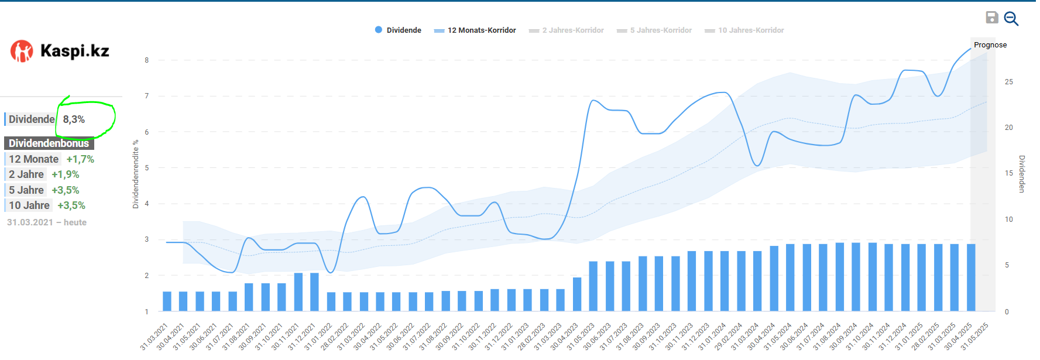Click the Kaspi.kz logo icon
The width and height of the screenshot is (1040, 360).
point(22,52)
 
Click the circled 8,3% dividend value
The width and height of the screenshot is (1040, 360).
point(74,119)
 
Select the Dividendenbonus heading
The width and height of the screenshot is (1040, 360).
point(49,143)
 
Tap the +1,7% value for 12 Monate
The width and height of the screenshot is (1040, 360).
point(80,159)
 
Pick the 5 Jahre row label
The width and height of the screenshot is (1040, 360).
point(26,190)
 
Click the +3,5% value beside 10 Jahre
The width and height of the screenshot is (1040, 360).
point(71,205)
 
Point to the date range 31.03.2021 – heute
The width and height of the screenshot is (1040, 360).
point(47,222)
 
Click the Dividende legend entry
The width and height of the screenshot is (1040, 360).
point(398,30)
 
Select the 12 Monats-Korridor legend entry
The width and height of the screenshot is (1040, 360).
point(475,30)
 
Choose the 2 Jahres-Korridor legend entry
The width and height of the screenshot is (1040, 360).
point(567,30)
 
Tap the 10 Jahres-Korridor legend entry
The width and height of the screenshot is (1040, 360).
point(744,30)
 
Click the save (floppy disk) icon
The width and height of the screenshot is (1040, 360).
point(991,18)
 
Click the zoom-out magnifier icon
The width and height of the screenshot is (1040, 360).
point(1011,19)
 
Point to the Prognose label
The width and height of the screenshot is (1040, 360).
point(990,45)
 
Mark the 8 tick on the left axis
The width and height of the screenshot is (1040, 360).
point(147,60)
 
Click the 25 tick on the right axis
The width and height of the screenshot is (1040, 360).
point(1009,82)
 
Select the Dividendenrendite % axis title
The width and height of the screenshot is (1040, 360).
point(136,174)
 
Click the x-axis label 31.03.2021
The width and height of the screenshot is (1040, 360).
point(155,336)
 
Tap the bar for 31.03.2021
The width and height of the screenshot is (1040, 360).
point(167,301)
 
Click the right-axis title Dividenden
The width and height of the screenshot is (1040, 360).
point(1022,174)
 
